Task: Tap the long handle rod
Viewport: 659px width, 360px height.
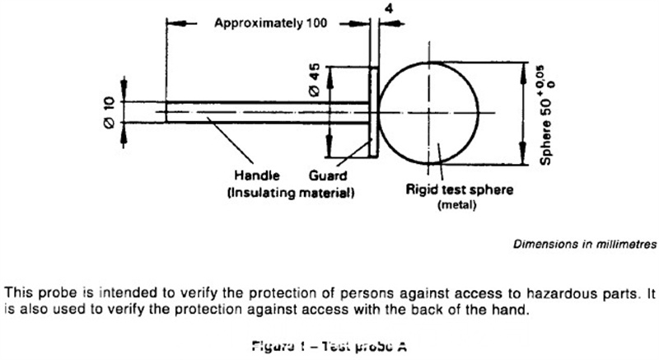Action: tap(264, 113)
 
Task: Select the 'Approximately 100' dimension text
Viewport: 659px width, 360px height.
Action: tap(271, 23)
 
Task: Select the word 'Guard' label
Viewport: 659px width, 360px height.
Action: tap(328, 175)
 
